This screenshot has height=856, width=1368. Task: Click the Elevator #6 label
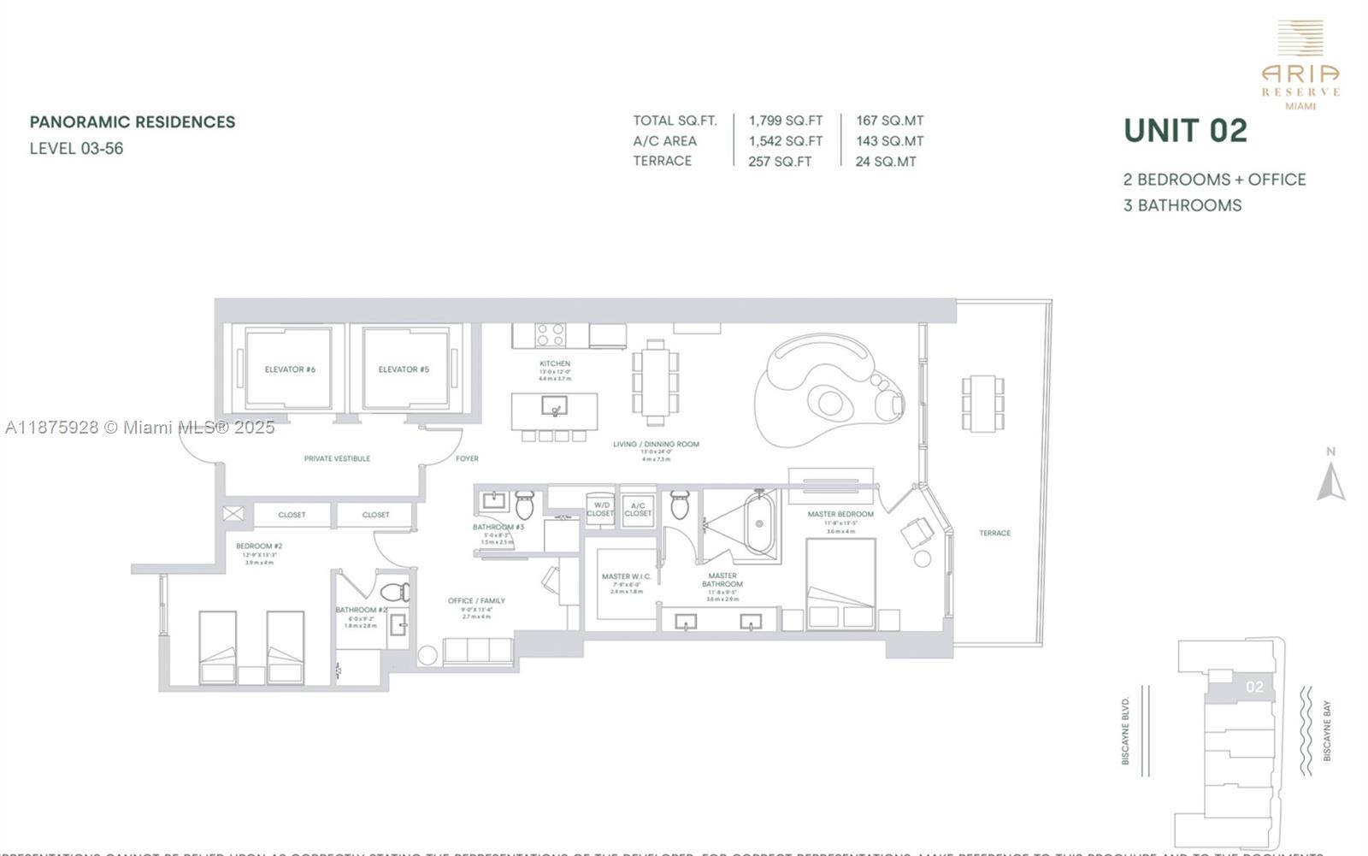[x=290, y=369]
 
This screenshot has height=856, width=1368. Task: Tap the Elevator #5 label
[x=404, y=369]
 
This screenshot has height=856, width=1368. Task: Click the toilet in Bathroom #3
[x=524, y=505]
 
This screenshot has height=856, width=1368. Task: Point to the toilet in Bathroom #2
[x=395, y=592]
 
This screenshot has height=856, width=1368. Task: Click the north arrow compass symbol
[x=1330, y=481]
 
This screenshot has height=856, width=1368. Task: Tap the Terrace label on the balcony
[x=994, y=533]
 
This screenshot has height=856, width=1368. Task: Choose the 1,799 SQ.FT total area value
[x=785, y=121]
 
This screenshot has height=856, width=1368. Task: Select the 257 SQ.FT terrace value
[x=779, y=161]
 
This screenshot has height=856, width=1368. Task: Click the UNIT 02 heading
[x=1185, y=131]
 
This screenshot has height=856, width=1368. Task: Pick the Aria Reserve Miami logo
[x=1300, y=65]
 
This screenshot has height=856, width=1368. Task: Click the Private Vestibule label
[x=337, y=458]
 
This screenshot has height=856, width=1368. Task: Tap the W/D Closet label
[x=600, y=509]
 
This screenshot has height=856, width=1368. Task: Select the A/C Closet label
[x=638, y=509]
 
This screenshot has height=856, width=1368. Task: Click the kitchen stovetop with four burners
[x=550, y=334]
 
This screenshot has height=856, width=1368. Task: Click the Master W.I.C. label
[x=626, y=576]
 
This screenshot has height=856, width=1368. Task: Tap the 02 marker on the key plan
[x=1254, y=687]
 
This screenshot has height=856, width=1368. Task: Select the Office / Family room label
[x=476, y=600]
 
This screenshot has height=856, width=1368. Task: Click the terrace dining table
[x=982, y=403]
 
